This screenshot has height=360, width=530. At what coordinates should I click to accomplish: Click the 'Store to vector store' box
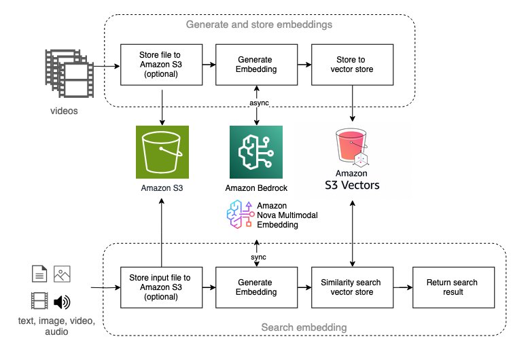point(352,65)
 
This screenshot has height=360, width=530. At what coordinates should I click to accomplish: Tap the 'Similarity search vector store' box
point(352,287)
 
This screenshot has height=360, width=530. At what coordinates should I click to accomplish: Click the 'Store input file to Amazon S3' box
point(160,287)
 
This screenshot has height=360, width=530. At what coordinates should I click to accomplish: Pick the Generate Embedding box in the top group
point(255,65)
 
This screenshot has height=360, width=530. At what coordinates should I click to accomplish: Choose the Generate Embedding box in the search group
point(255,287)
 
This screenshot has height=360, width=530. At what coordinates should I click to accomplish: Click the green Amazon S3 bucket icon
point(160,150)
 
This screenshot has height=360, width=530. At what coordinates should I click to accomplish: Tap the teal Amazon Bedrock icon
point(255,150)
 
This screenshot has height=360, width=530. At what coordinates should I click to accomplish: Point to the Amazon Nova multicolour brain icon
point(239,213)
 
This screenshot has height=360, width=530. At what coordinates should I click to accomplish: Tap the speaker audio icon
point(63,301)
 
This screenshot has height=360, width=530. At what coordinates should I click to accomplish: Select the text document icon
point(39,274)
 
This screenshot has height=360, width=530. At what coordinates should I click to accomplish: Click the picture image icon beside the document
point(63,274)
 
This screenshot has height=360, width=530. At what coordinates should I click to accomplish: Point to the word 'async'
point(255,102)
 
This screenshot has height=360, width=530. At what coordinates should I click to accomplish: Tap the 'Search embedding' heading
point(304,327)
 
